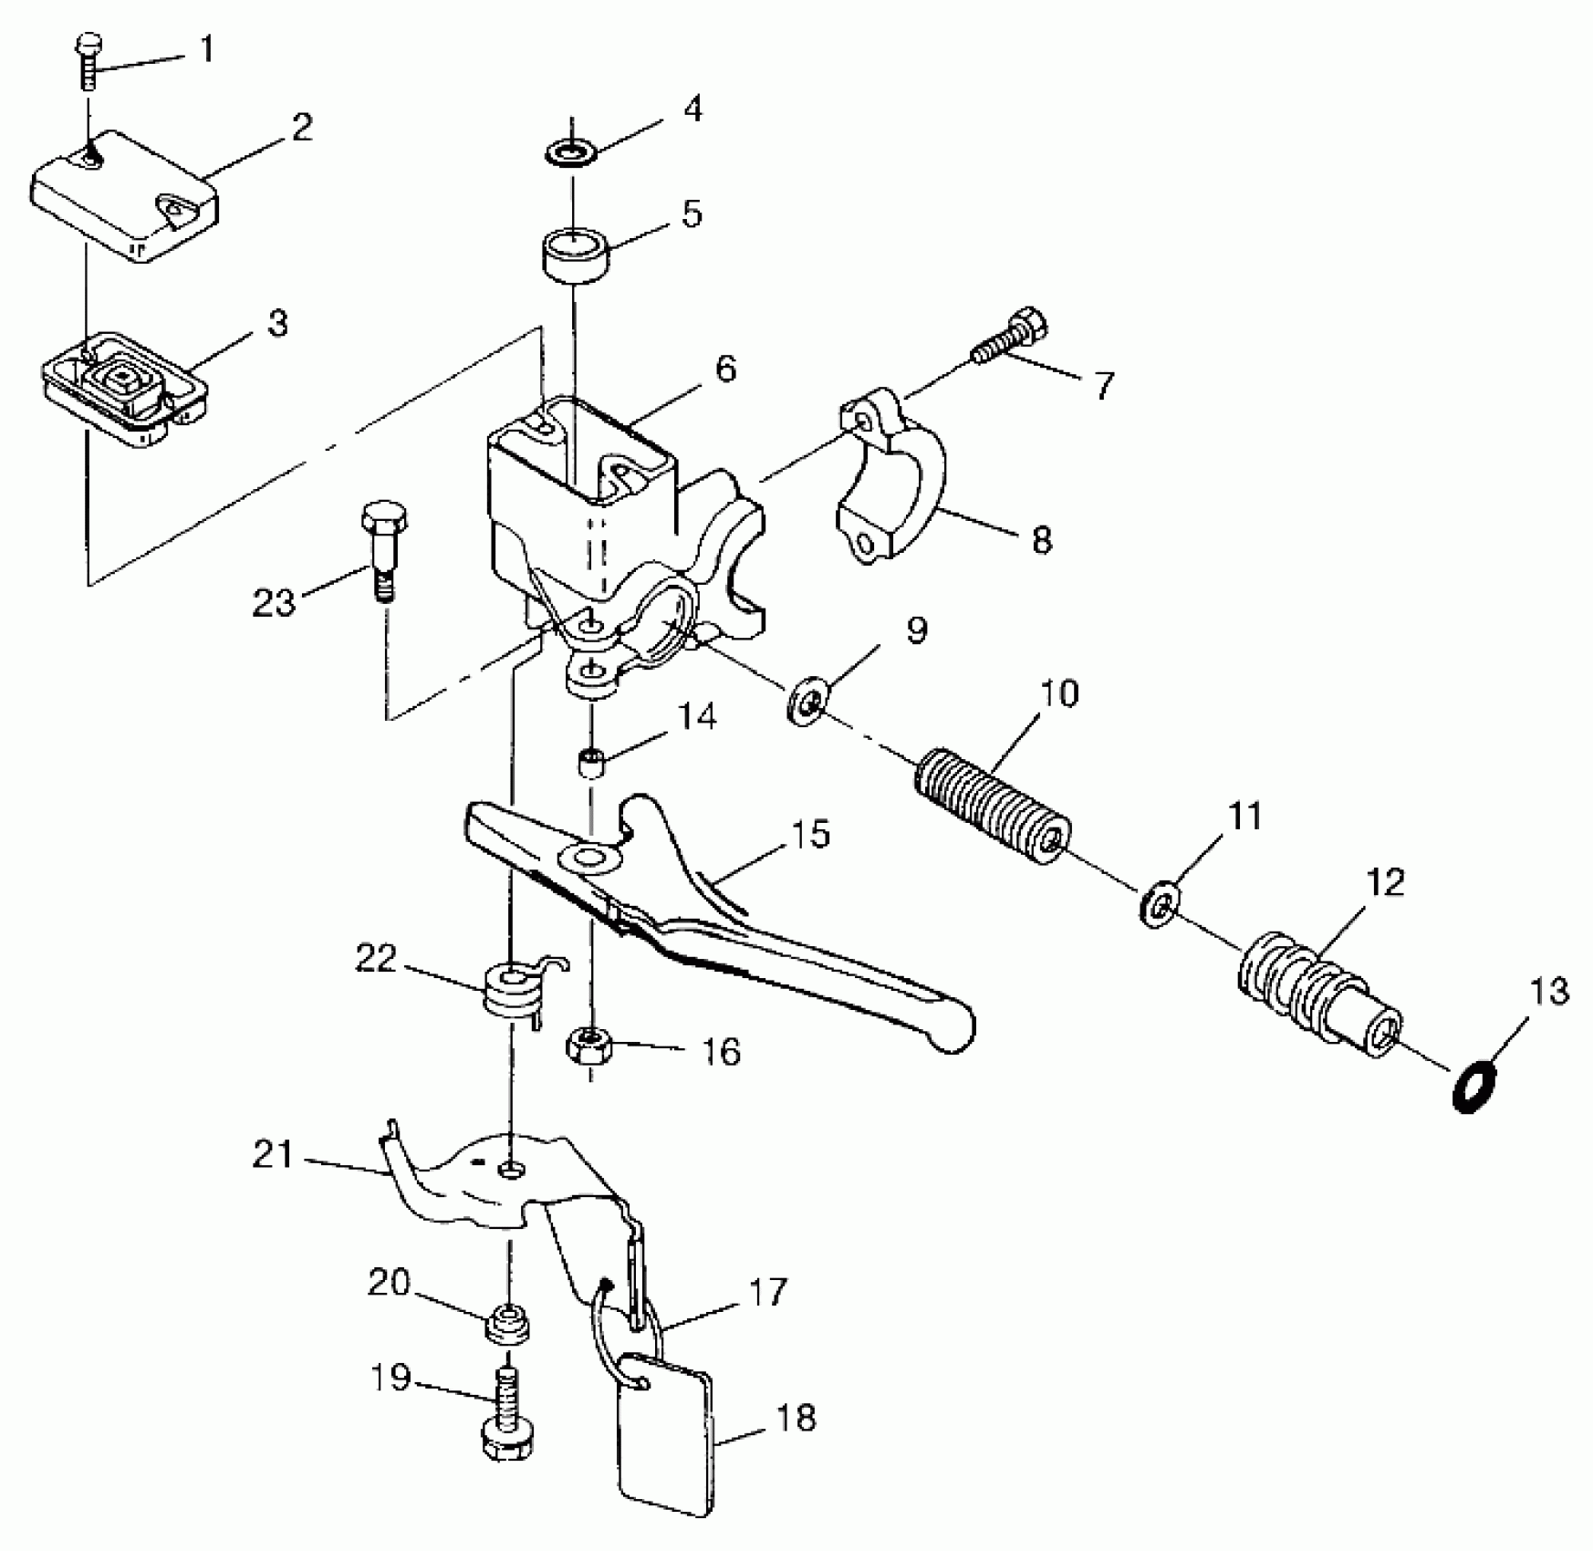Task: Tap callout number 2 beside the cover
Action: point(302,127)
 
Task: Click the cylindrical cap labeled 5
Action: point(576,257)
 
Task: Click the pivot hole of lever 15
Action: point(588,859)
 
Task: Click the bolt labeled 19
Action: point(506,1416)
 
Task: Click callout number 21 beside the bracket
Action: point(273,1156)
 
